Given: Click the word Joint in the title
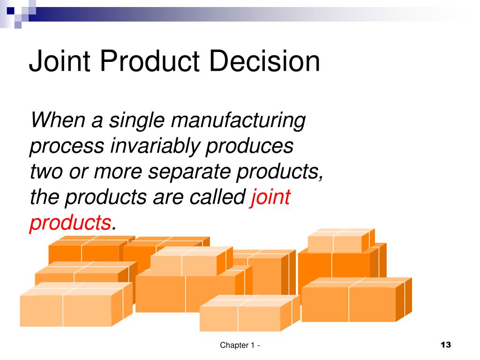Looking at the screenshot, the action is [60, 61].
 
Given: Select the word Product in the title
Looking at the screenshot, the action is [150, 61].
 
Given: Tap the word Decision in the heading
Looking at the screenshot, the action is [264, 61].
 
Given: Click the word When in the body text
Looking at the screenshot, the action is [58, 120].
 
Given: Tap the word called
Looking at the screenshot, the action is [217, 196].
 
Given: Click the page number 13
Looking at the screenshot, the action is [446, 345].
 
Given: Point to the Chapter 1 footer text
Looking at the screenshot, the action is [240, 345].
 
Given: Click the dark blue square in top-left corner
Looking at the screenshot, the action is [11, 11].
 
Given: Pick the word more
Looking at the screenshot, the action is [118, 172].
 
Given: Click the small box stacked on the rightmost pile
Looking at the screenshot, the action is [341, 240].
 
